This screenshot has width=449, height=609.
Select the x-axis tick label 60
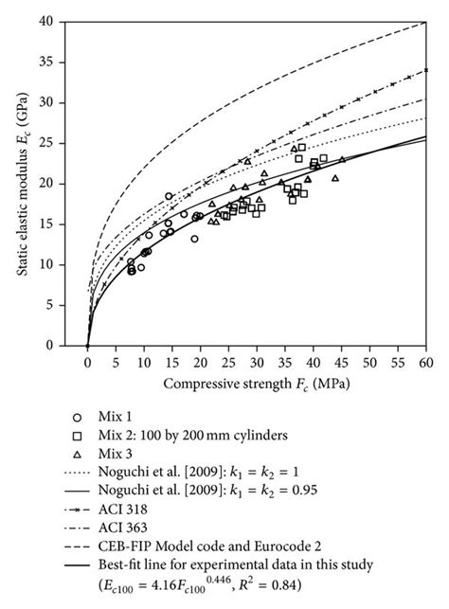click(426, 362)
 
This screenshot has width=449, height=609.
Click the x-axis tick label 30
click(257, 362)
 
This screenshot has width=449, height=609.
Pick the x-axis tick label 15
click(171, 362)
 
